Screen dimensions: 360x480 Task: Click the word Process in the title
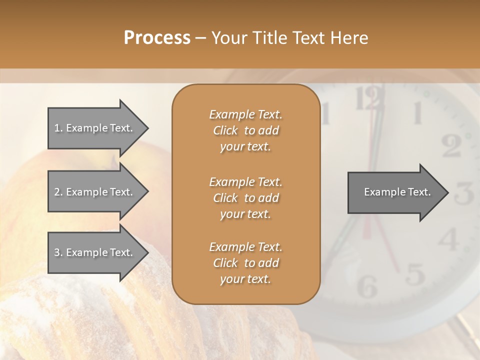[157, 37]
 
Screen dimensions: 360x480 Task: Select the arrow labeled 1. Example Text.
[95, 128]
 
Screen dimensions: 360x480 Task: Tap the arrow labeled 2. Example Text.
[95, 192]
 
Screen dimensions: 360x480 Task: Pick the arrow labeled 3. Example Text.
[95, 252]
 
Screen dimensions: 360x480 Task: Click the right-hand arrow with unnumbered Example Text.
[395, 192]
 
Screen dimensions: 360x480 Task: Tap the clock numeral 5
[414, 273]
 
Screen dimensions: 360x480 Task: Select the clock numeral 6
[367, 286]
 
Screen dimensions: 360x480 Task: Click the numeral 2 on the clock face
[451, 145]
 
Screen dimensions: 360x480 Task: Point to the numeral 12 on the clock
[370, 98]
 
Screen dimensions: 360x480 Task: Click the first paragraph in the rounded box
[245, 130]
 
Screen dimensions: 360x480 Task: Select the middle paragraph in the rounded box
[245, 198]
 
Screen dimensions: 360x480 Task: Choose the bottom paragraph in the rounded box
[245, 263]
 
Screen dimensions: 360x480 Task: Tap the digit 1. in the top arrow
[58, 128]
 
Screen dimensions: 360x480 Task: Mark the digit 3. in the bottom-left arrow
[58, 252]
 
